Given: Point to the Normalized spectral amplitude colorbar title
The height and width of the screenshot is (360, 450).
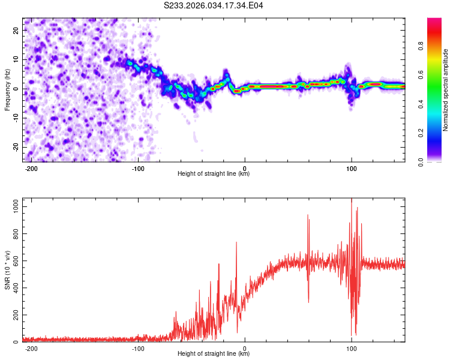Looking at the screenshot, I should (446, 90).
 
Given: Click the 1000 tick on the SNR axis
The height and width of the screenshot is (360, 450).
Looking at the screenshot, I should (12, 206).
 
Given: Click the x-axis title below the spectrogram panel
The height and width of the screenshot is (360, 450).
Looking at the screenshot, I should (214, 174).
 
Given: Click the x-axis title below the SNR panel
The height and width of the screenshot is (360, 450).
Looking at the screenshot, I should (214, 354).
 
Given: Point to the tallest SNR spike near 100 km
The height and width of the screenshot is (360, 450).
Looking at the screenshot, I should (352, 200).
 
